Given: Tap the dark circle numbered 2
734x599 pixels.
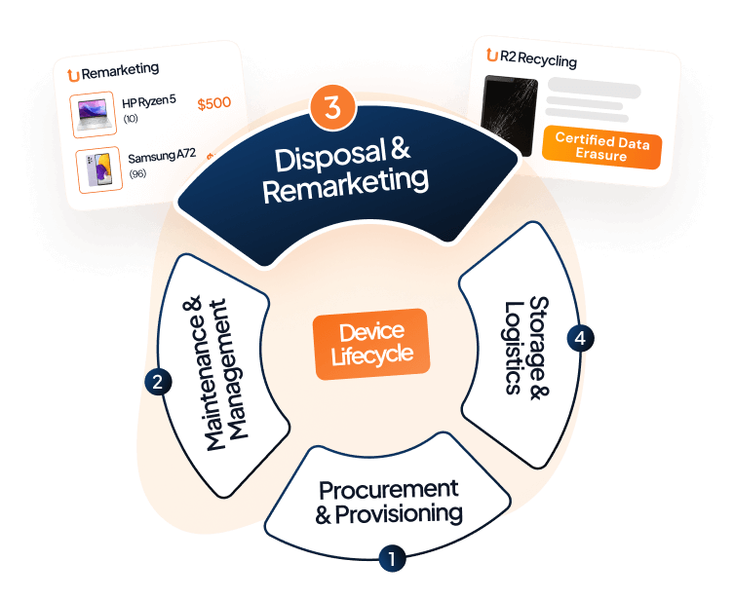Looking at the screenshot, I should pyautogui.click(x=156, y=382).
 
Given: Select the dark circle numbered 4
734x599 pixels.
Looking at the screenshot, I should pyautogui.click(x=581, y=338).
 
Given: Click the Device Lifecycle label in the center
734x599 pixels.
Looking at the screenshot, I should pyautogui.click(x=371, y=344).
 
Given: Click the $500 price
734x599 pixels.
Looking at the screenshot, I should pyautogui.click(x=213, y=103).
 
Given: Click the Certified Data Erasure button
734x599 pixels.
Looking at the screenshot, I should pyautogui.click(x=600, y=147).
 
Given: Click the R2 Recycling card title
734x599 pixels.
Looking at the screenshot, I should pyautogui.click(x=535, y=61).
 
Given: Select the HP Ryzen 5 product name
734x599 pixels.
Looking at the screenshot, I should pyautogui.click(x=149, y=102).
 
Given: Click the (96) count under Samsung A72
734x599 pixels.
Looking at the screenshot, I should pyautogui.click(x=136, y=174).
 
